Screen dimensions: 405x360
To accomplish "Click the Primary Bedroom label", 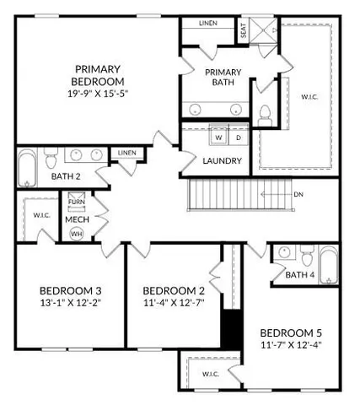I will tap(99, 74).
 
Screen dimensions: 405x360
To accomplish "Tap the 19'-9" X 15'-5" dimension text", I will tap(99, 94).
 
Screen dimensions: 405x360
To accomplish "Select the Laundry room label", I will tap(223, 160).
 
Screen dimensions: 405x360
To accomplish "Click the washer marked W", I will tap(218, 137).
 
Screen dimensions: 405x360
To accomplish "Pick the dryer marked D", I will tap(238, 137).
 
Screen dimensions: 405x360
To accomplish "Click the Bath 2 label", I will tap(66, 176).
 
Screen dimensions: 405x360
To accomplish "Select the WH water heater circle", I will tap(76, 232).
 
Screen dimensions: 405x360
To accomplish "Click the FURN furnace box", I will tap(77, 202).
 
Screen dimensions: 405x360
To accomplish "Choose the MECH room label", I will tap(77, 218).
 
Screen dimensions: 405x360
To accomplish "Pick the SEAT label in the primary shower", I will tap(244, 31).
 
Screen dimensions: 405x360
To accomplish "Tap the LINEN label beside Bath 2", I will tap(127, 153).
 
